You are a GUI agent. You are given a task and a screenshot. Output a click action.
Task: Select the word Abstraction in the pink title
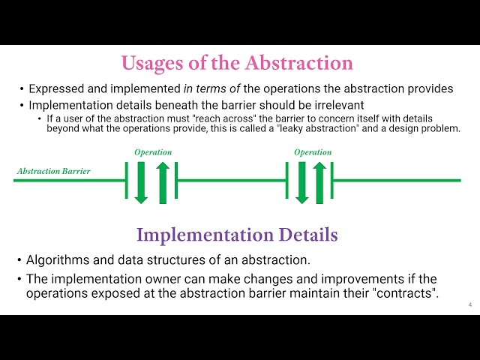point(299,63)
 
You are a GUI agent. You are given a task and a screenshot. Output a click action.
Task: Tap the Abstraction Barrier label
point(53,171)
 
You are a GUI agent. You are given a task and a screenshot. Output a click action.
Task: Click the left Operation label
point(153,152)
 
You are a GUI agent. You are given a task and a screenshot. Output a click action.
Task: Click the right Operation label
point(313,152)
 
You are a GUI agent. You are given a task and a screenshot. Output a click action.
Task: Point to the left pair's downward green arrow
point(141,183)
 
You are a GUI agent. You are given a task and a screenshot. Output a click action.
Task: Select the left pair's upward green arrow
point(163,183)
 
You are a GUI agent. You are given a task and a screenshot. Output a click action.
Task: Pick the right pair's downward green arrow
point(301,183)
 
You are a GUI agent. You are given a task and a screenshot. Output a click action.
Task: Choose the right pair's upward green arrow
point(319,183)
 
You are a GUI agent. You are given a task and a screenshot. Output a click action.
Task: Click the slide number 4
point(470,304)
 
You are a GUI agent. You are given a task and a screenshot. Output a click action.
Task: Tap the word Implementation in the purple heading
point(205,235)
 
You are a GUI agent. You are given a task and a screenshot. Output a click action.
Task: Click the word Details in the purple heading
point(308,235)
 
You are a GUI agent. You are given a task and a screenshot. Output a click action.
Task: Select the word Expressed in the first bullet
point(57,89)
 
